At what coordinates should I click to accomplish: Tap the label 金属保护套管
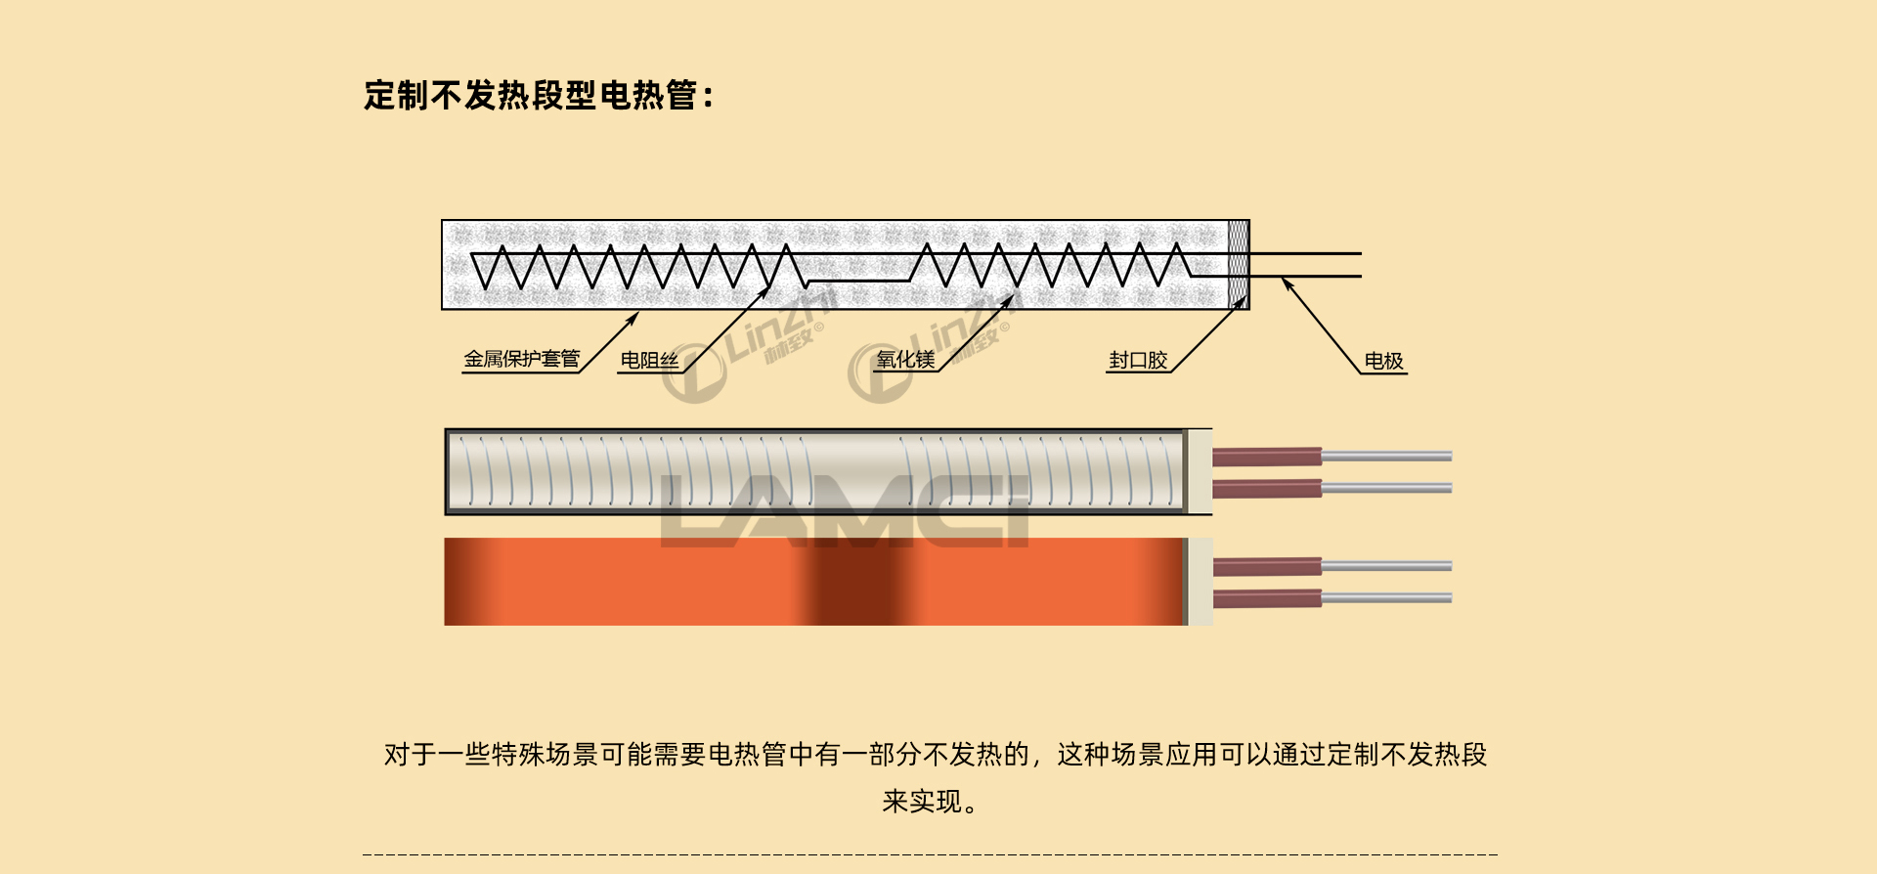[521, 360]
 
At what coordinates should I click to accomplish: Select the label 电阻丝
[649, 361]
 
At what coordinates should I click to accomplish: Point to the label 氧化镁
[905, 360]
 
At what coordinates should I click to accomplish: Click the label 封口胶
[1138, 361]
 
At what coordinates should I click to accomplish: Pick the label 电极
[1383, 362]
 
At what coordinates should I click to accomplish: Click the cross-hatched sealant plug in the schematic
[1239, 264]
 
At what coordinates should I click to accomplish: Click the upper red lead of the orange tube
[1267, 566]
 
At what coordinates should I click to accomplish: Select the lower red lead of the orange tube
[1267, 598]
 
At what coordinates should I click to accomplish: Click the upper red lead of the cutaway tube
[1267, 457]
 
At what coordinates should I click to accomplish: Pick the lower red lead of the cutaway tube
[1267, 488]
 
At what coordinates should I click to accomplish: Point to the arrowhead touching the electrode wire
[1288, 284]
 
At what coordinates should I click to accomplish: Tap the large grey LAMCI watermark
[846, 511]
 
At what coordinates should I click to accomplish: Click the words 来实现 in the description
[921, 803]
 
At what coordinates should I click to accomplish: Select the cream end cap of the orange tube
[1200, 582]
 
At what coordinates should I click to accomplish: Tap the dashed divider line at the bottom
[929, 854]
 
